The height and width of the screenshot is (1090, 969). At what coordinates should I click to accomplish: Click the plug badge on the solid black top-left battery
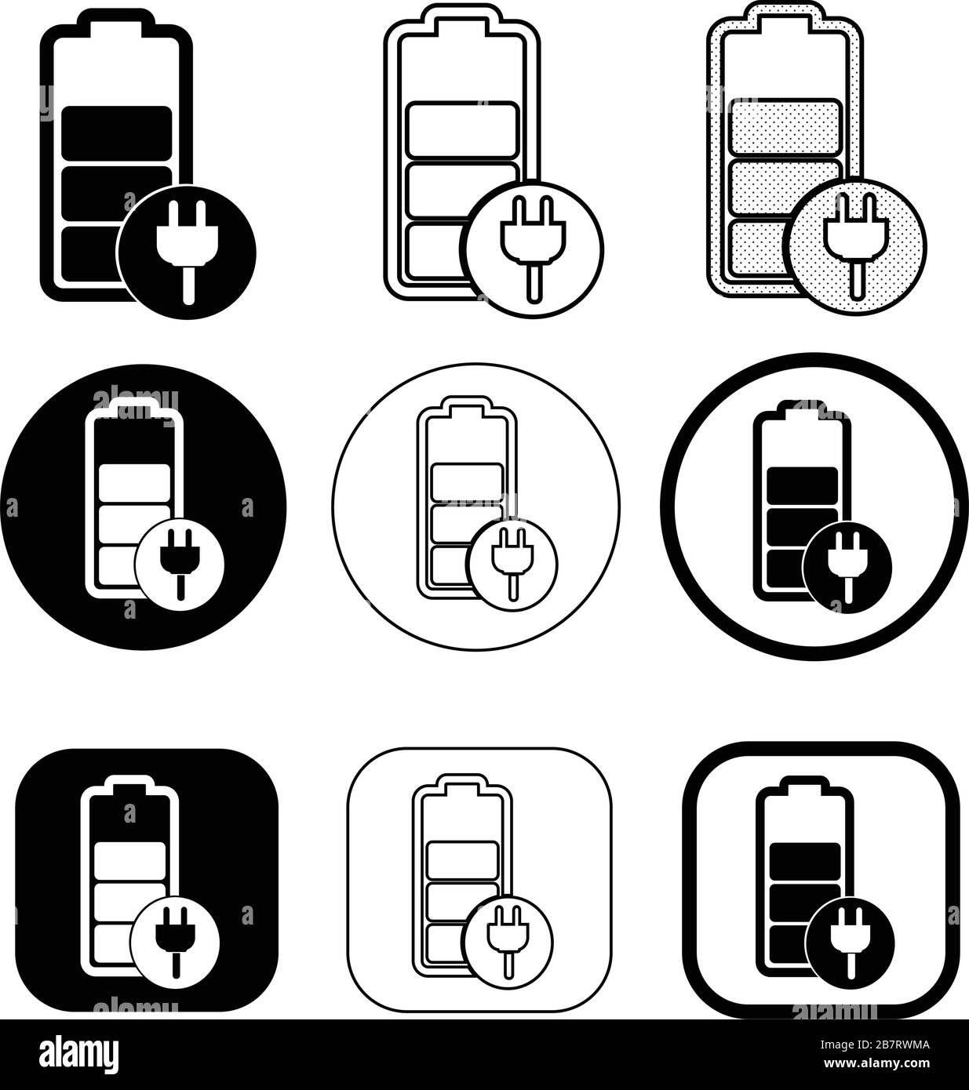point(187,252)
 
